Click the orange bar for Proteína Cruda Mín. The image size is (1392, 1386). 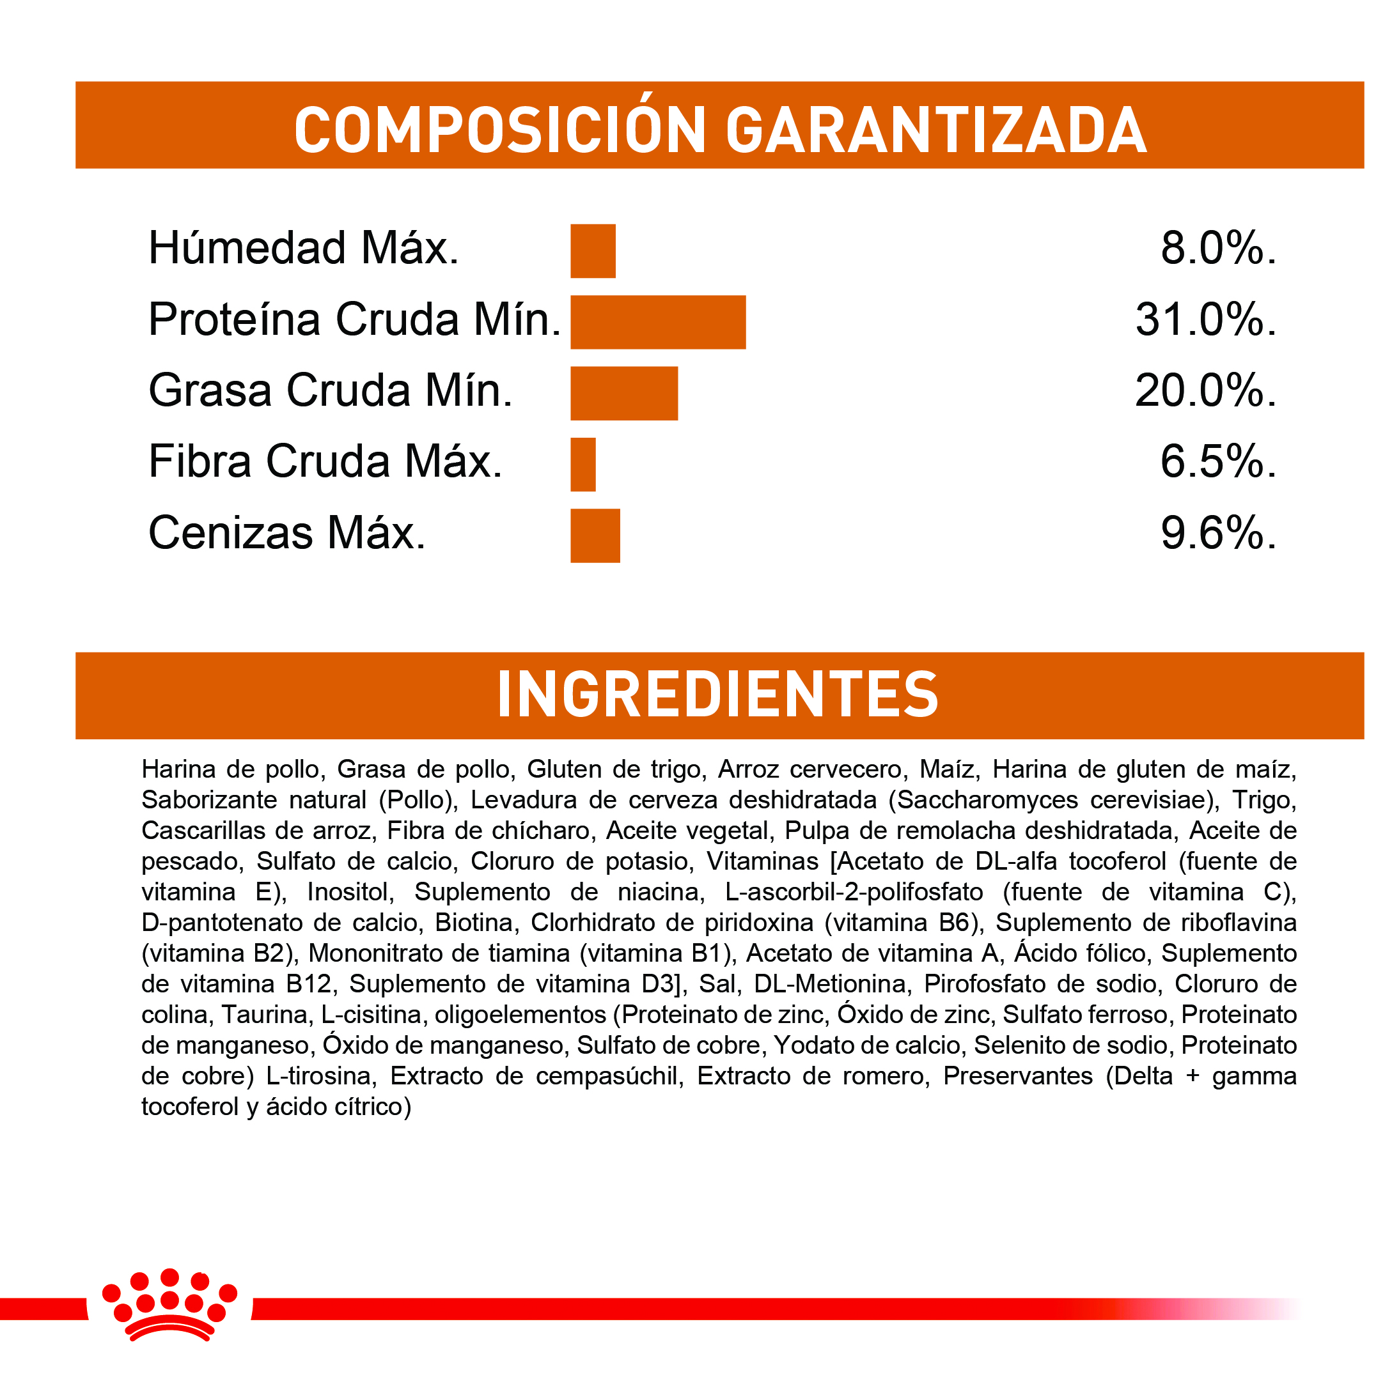point(658,322)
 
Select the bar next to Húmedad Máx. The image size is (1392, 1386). point(593,250)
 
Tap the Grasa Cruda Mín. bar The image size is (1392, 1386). point(624,393)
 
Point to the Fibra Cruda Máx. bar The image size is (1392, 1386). point(583,465)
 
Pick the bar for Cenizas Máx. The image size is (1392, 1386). point(595,535)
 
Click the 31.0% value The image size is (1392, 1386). point(1205,320)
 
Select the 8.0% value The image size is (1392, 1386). point(1217,249)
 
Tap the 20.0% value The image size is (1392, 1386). point(1205,391)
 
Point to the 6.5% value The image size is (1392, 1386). point(1217,461)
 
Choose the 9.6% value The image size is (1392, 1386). point(1217,534)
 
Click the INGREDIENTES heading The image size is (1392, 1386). point(717,695)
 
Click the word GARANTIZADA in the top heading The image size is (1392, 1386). point(935,130)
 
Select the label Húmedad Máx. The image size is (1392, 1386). point(303,249)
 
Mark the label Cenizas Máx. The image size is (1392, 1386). point(286,534)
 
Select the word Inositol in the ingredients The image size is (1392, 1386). point(350,892)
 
